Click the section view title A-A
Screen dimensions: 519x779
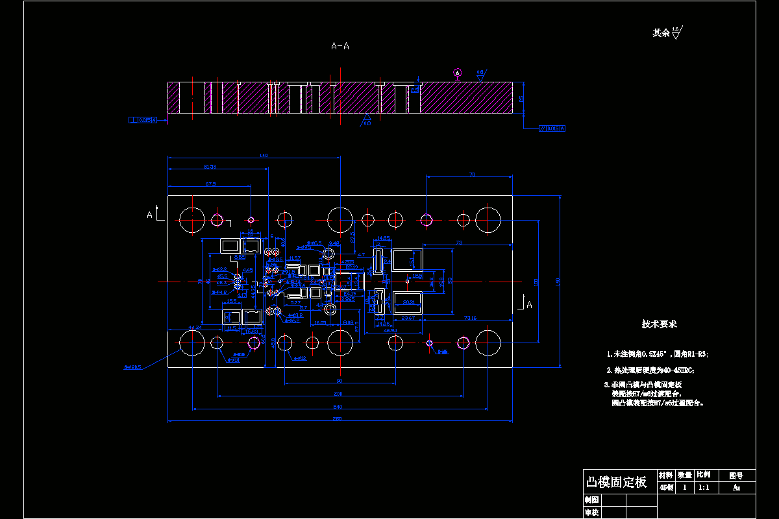(x=340, y=46)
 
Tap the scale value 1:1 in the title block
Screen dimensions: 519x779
(x=703, y=487)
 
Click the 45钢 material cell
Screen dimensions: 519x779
(x=666, y=487)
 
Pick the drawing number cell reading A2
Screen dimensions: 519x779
(x=736, y=487)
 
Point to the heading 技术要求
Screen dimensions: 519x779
(x=659, y=324)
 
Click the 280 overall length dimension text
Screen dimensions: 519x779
(x=338, y=418)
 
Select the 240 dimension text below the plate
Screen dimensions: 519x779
(x=338, y=406)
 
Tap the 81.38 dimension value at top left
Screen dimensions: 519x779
(x=210, y=167)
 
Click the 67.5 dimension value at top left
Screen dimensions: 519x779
(x=210, y=184)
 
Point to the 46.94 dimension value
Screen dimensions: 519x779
(x=391, y=330)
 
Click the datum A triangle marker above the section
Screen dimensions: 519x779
(x=457, y=72)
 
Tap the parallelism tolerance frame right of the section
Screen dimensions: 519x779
(x=552, y=128)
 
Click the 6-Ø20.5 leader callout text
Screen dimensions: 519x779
(x=132, y=368)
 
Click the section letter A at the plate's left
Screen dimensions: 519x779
(x=149, y=214)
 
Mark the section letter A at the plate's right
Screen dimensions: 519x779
(x=530, y=304)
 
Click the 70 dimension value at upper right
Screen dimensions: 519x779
(x=472, y=175)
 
